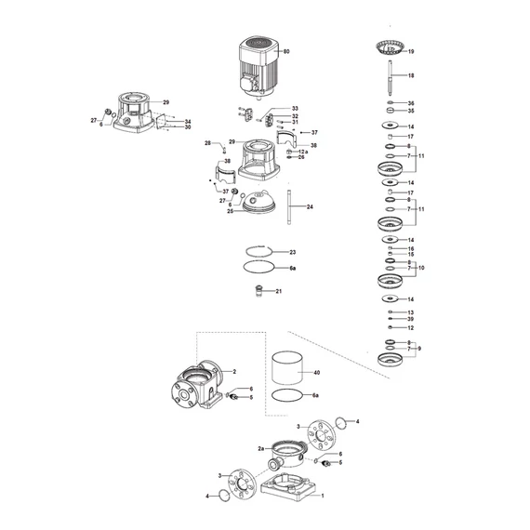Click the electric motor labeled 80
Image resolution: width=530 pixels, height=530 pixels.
pyautogui.click(x=259, y=66)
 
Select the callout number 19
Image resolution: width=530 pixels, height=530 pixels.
pyautogui.click(x=411, y=52)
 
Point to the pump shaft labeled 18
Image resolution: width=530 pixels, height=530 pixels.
pyautogui.click(x=391, y=78)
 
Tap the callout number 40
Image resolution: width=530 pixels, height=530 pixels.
pyautogui.click(x=317, y=373)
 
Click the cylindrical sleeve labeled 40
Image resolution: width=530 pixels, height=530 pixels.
pyautogui.click(x=287, y=368)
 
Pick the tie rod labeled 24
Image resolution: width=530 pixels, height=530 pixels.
pyautogui.click(x=289, y=206)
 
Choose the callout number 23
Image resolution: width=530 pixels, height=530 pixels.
pyautogui.click(x=293, y=252)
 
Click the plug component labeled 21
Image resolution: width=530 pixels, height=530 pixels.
pyautogui.click(x=259, y=291)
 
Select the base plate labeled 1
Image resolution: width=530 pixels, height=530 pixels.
pyautogui.click(x=288, y=488)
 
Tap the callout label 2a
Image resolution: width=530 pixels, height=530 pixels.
pyautogui.click(x=261, y=449)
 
